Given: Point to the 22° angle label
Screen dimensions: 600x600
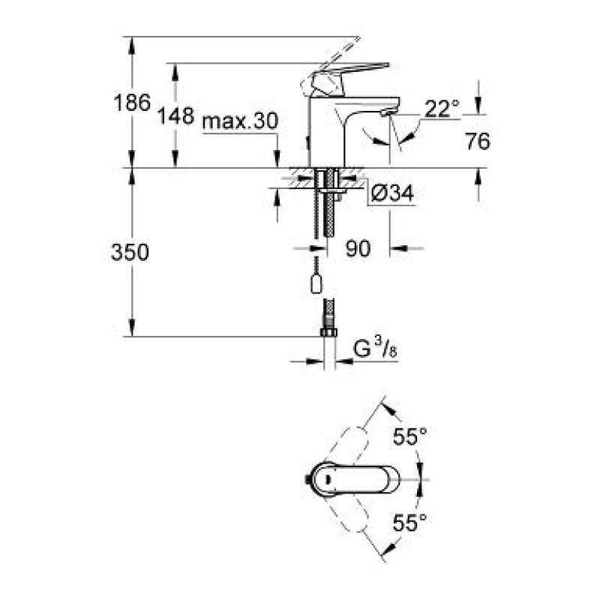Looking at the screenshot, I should point(441,109).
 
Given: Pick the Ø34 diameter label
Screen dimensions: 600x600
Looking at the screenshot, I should point(391,194).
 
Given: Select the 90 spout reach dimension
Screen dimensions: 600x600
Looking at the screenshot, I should point(358,249).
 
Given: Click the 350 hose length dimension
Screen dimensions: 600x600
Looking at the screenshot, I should point(129,253).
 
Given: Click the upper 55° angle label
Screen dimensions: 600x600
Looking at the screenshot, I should point(410,435).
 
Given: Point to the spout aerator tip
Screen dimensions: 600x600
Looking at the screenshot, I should point(385,112).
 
